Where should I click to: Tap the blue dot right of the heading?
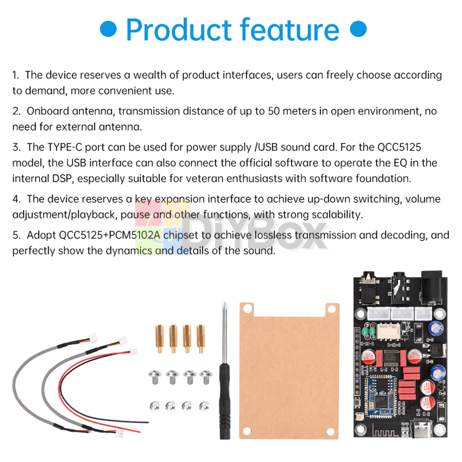coord(358,29)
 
